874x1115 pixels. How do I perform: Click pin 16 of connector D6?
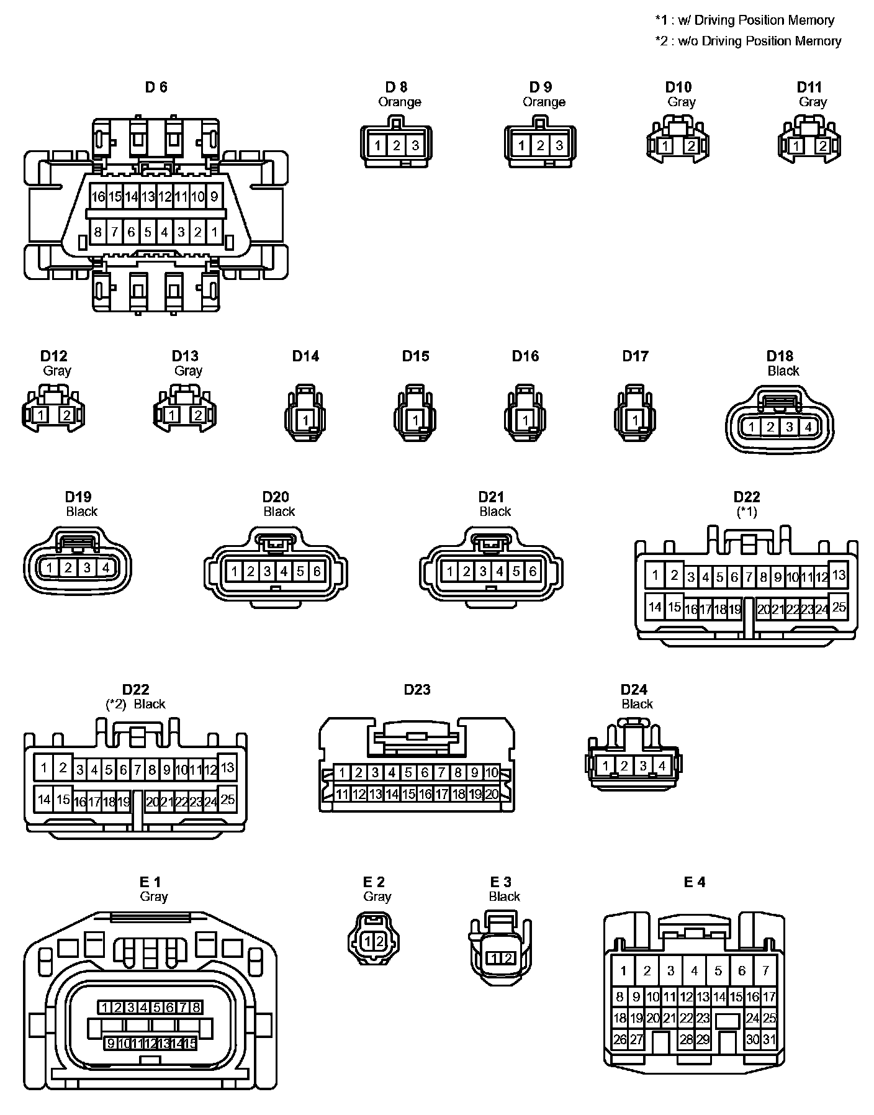98,197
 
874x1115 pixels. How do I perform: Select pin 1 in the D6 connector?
214,233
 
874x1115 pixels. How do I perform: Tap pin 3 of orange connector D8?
415,146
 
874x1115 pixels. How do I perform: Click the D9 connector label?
540,87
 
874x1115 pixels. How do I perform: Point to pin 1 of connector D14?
305,421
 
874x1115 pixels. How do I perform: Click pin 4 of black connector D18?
808,427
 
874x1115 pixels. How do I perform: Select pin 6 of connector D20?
317,571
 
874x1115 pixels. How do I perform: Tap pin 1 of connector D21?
450,571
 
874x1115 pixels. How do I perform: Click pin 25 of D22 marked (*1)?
839,607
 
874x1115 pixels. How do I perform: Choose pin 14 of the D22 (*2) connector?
43,799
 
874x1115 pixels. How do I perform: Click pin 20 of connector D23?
492,794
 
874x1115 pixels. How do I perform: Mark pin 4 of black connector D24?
662,766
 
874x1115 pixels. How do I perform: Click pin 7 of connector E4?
765,970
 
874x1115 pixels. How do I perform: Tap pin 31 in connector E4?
769,1039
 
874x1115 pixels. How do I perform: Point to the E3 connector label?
500,882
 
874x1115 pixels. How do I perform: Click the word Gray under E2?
377,896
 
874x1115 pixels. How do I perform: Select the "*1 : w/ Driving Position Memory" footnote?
744,20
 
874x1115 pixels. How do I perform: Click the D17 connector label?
635,356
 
